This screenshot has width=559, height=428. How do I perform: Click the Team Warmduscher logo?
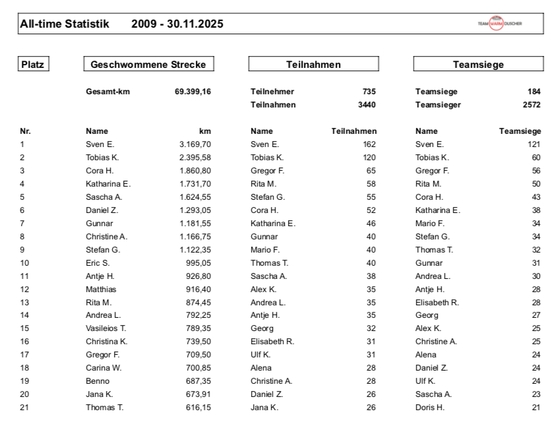(x=500, y=24)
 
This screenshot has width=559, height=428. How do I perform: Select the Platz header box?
(x=34, y=65)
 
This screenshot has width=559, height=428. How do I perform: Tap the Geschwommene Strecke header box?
(x=148, y=65)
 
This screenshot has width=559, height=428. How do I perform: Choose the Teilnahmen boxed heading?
(x=314, y=65)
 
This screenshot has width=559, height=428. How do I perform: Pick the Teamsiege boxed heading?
(x=479, y=65)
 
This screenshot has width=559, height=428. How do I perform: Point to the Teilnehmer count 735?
(x=369, y=92)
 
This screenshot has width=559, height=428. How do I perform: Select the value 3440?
(x=367, y=104)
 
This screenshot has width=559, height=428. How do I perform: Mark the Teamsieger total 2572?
(x=532, y=104)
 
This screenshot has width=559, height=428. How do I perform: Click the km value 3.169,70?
(x=195, y=144)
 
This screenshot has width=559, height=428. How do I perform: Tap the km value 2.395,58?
(x=195, y=157)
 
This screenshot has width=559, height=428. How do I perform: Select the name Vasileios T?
(x=106, y=328)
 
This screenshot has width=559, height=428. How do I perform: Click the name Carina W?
(x=103, y=367)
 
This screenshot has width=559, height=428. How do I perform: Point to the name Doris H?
(x=430, y=407)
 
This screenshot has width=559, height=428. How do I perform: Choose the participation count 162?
(x=369, y=144)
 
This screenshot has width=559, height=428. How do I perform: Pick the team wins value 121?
(x=534, y=144)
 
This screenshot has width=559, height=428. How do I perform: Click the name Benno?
(x=98, y=381)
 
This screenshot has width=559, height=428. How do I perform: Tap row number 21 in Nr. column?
(x=24, y=407)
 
